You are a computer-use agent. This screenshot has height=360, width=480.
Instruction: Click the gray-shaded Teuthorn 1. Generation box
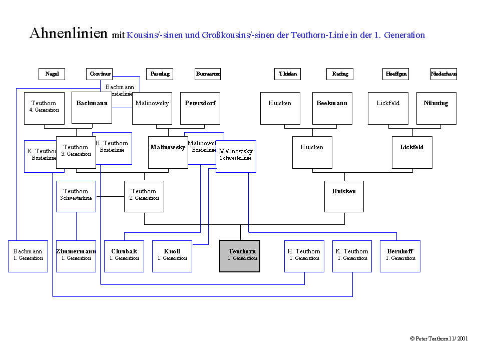240,256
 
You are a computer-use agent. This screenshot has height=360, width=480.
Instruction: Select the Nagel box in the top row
52,74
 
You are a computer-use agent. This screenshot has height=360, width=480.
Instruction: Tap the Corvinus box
99,74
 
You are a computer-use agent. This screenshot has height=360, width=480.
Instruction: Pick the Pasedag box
160,74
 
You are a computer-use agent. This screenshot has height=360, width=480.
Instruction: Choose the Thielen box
288,74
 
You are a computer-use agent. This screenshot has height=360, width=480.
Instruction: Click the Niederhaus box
443,74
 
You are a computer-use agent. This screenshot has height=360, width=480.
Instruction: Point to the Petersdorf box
200,108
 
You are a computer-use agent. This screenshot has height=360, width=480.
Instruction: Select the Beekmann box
332,108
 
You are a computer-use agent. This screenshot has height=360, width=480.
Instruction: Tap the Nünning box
436,108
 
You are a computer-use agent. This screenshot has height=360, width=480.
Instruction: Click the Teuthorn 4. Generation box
44,108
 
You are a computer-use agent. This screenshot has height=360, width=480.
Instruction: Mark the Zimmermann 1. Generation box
76,256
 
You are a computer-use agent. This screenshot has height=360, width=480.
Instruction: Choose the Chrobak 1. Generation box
124,256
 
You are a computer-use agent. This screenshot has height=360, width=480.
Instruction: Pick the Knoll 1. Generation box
172,256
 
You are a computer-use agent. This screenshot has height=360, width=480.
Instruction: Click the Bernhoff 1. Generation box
400,256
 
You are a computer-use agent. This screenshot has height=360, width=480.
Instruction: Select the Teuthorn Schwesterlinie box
76,196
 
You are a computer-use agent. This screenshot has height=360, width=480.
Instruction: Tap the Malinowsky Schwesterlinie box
236,156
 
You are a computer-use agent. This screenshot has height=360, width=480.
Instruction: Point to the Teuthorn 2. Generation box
144,196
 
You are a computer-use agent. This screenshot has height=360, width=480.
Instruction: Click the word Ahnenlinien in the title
69,34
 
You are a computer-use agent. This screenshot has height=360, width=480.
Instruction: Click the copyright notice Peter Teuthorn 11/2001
438,338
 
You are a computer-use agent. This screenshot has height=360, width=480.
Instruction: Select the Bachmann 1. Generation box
28,256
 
